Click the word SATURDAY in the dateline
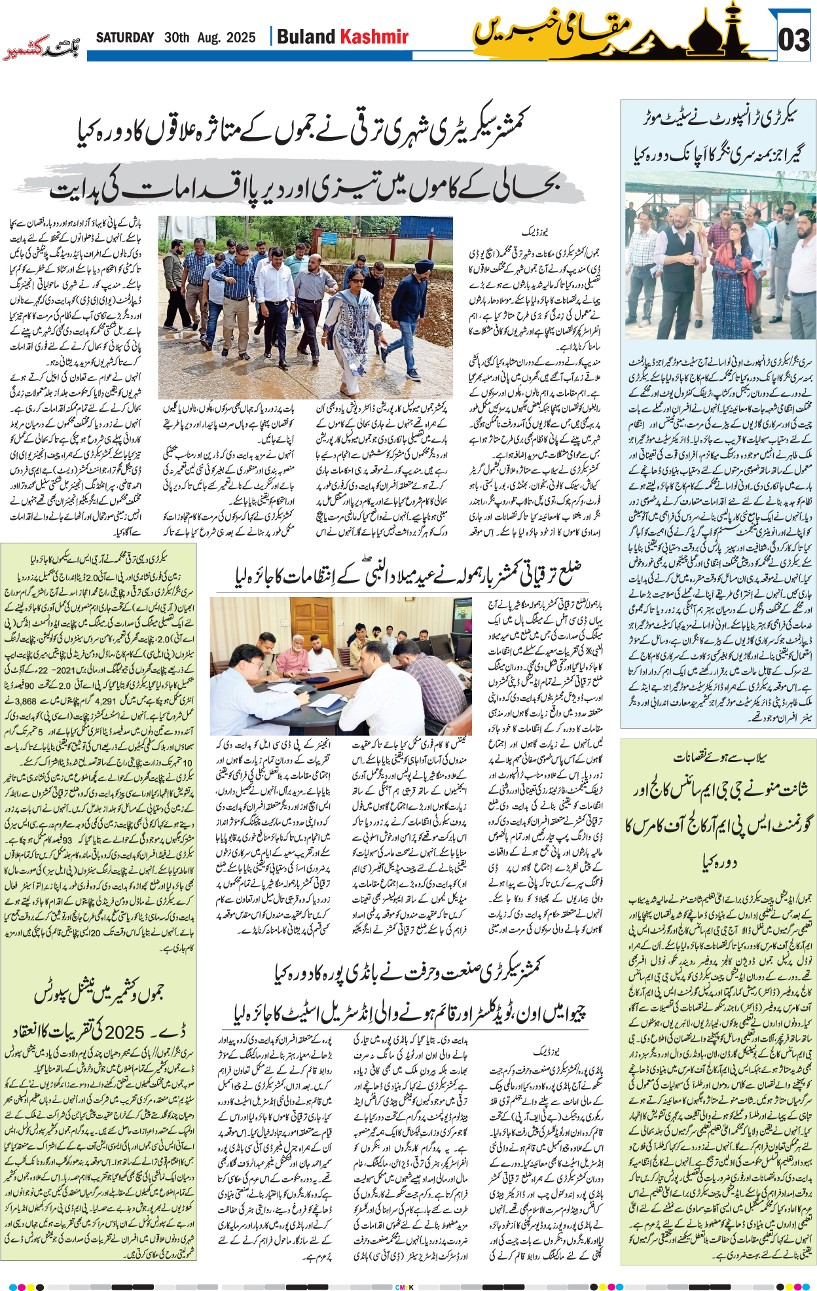coord(125,38)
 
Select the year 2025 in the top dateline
coord(240,38)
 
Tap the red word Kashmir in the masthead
coord(374,37)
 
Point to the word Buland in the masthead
coord(306,37)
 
